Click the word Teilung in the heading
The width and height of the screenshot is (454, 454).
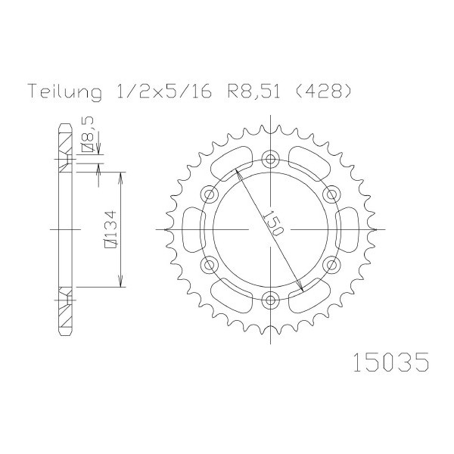[65, 91]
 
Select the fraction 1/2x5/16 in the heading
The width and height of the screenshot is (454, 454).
[163, 90]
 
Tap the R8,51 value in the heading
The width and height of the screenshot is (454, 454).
[253, 91]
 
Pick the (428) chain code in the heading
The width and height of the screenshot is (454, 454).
[323, 90]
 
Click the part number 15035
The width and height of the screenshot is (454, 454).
[390, 362]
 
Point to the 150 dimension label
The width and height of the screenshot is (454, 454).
[272, 222]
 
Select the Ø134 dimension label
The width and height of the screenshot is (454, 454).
[110, 229]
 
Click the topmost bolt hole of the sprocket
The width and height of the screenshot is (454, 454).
[270, 159]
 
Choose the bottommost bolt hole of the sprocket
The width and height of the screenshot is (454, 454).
[270, 300]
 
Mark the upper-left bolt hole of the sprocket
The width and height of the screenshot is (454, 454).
[209, 194]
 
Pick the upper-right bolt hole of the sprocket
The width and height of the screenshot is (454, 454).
[331, 194]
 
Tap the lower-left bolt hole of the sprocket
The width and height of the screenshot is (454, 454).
[209, 265]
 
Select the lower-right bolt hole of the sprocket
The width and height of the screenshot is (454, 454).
[331, 265]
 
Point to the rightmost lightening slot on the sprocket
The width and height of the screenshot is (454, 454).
[347, 229]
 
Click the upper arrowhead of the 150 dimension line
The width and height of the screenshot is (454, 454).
[237, 173]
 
